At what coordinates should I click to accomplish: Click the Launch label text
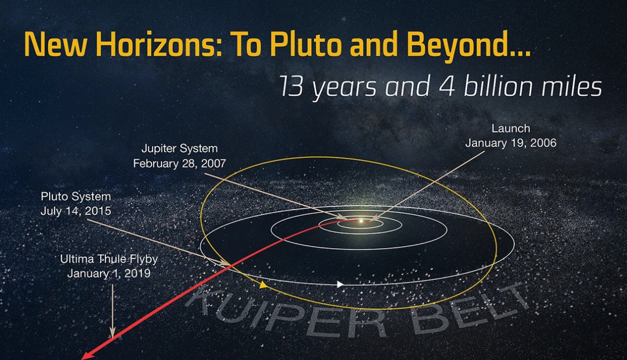pyautogui.click(x=510, y=128)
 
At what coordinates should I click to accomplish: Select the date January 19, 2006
pyautogui.click(x=510, y=143)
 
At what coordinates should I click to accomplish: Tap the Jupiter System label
pyautogui.click(x=180, y=148)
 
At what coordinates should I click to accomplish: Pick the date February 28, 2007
pyautogui.click(x=180, y=164)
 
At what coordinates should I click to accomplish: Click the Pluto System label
pyautogui.click(x=75, y=196)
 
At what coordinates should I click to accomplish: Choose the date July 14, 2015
pyautogui.click(x=75, y=211)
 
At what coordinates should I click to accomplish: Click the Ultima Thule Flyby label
pyautogui.click(x=109, y=259)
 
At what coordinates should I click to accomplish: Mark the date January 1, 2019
pyautogui.click(x=109, y=273)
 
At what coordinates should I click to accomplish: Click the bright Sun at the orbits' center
pyautogui.click(x=361, y=220)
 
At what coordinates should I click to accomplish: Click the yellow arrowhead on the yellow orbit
pyautogui.click(x=263, y=285)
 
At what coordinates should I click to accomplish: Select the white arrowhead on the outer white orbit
pyautogui.click(x=340, y=285)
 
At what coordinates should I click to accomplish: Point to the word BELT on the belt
pyautogui.click(x=470, y=308)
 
